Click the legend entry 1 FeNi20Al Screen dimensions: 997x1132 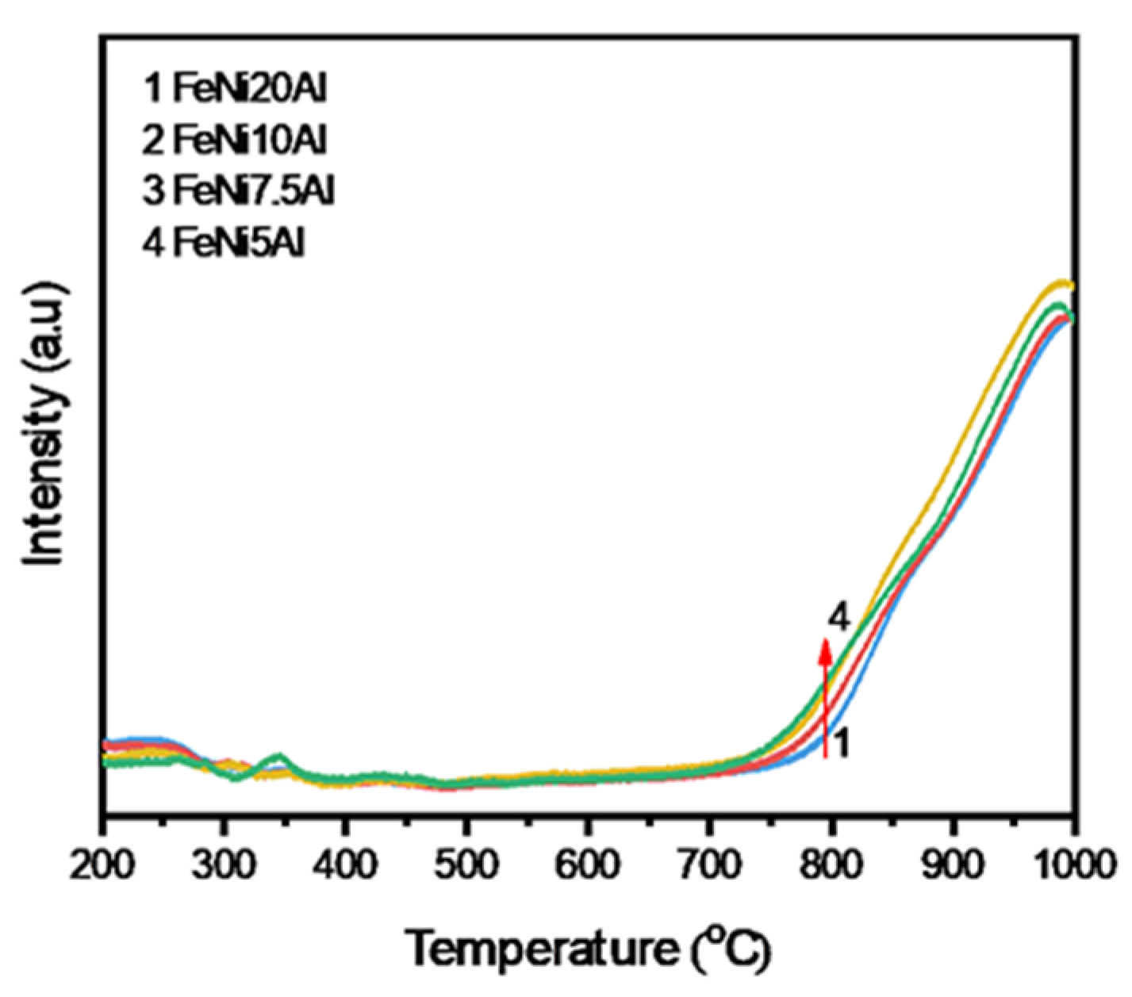(x=235, y=90)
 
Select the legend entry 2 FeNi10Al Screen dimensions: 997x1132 (x=235, y=141)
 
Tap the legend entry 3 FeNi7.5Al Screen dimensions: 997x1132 (x=239, y=192)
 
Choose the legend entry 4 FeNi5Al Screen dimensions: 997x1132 (x=224, y=243)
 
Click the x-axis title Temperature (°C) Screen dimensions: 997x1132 (x=588, y=949)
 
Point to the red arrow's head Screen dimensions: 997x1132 (x=825, y=648)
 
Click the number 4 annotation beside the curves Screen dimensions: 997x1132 (x=839, y=616)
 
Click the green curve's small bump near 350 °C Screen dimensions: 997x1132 (x=278, y=756)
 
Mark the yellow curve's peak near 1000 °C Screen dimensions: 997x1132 (x=1061, y=282)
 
